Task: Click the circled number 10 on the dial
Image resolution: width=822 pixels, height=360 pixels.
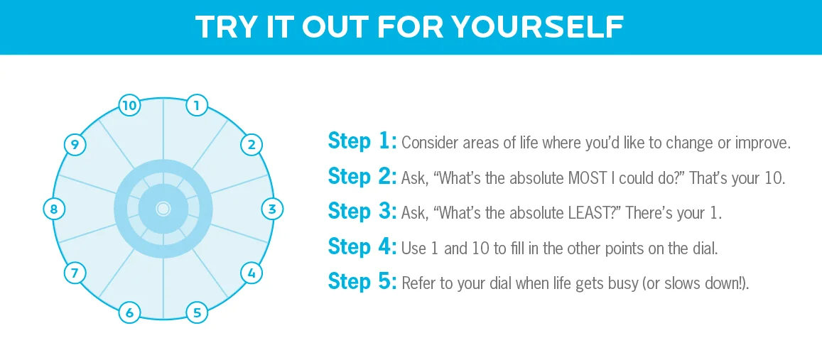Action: [x=129, y=106]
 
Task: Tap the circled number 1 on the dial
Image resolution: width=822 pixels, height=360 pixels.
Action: [x=197, y=106]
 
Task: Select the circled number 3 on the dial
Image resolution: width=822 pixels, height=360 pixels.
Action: [x=272, y=209]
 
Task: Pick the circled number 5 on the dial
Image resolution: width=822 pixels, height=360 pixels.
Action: [x=197, y=313]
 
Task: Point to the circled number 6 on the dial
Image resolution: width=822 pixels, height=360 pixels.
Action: [x=129, y=313]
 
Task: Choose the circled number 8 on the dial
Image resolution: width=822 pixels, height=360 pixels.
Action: [x=53, y=209]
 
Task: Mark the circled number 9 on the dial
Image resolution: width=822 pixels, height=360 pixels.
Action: [x=75, y=145]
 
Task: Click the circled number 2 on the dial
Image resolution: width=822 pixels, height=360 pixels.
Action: [x=251, y=145]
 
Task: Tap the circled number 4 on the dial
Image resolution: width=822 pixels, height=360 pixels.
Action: [x=252, y=273]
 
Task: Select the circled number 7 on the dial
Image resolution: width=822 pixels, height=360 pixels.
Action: [x=75, y=273]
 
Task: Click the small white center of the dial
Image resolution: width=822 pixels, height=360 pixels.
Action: [x=163, y=209]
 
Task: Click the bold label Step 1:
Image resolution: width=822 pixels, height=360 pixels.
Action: [x=362, y=141]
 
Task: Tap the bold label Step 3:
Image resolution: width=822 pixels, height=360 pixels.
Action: [x=362, y=211]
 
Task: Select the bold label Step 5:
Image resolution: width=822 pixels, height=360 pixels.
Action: [x=362, y=281]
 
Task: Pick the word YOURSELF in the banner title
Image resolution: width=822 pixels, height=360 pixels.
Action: [x=538, y=27]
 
